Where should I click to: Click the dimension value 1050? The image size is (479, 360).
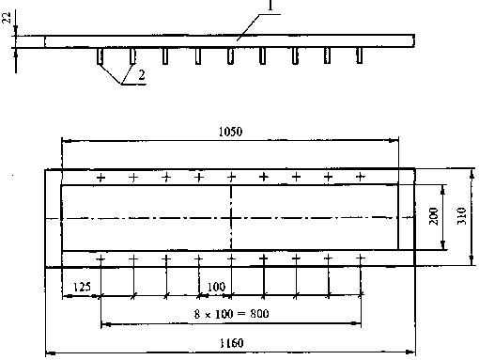point(230,132)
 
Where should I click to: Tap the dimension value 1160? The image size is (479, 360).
point(231,343)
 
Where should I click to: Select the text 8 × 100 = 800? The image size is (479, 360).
point(231,314)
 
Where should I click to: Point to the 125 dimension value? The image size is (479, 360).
point(82,287)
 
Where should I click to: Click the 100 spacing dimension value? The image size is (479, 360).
point(216,287)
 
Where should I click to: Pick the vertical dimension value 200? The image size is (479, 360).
point(434,216)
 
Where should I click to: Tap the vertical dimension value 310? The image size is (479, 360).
point(462,216)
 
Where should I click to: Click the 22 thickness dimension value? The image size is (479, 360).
point(7,18)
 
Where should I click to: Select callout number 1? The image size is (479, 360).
point(270,6)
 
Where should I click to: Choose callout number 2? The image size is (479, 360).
point(142,75)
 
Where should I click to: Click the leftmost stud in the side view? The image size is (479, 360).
point(100,56)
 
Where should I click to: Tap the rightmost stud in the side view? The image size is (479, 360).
point(360,55)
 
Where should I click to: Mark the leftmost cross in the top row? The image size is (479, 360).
point(100,178)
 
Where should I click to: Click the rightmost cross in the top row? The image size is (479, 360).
point(361,177)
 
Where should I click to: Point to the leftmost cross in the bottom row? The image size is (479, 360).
point(100,258)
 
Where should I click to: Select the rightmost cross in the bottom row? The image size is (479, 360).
point(361,258)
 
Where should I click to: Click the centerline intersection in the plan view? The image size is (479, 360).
point(231,217)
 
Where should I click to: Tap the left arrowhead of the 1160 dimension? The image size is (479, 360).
point(51,353)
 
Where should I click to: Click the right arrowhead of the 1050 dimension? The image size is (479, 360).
point(394,141)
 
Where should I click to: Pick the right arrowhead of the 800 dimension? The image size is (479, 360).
point(356,323)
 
